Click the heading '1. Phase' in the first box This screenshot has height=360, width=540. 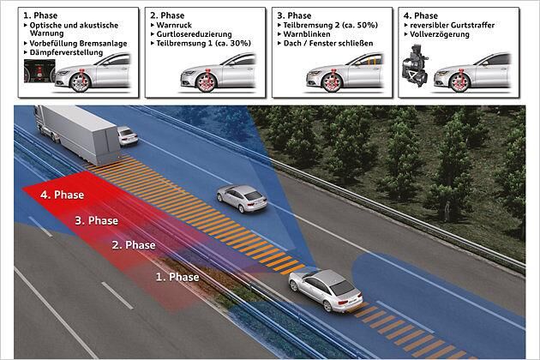coord(40,15)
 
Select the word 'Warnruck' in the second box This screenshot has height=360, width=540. coord(174,25)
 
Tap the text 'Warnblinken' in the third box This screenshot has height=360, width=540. coord(307,34)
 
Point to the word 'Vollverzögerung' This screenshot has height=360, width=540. coord(440,34)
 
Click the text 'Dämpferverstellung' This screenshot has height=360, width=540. coord(66,52)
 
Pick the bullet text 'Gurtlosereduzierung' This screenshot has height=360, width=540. coord(194,34)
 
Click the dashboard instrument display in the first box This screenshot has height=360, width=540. coord(39,70)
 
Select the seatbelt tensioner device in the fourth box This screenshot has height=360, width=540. coord(415,65)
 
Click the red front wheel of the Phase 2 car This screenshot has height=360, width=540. coord(207,81)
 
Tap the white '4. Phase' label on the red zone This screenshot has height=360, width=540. coord(62,195)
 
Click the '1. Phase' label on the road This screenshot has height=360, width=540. coord(177,277)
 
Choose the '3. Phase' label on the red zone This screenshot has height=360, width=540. coord(96,220)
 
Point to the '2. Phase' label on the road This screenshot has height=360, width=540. coord(134,245)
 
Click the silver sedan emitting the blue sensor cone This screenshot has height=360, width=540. coord(326,290)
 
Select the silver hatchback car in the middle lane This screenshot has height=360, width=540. coord(242,199)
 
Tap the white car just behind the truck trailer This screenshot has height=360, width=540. coord(128,135)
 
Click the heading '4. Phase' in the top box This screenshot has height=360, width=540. coord(421,15)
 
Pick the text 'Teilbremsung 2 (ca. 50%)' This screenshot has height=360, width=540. coord(331,25)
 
